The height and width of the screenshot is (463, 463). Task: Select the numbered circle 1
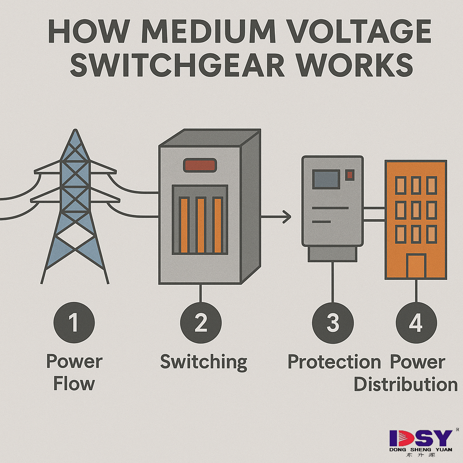pyautogui.click(x=74, y=323)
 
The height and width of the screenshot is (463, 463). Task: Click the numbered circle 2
pyautogui.click(x=200, y=323)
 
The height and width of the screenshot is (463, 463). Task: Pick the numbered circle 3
pyautogui.click(x=333, y=323)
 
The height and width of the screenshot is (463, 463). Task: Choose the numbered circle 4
pyautogui.click(x=416, y=323)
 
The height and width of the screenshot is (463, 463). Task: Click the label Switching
pyautogui.click(x=204, y=362)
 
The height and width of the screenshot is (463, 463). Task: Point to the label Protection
pyautogui.click(x=334, y=362)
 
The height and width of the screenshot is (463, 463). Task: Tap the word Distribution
pyautogui.click(x=406, y=385)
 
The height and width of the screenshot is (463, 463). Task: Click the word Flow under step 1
pyautogui.click(x=74, y=384)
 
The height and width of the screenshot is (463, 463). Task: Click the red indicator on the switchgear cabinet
pyautogui.click(x=200, y=165)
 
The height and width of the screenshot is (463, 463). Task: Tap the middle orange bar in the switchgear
pyautogui.click(x=200, y=225)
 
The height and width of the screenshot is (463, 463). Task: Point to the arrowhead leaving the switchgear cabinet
pyautogui.click(x=286, y=217)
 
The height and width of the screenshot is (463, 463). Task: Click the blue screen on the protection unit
pyautogui.click(x=326, y=179)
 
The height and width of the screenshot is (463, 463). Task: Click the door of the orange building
pyautogui.click(x=416, y=266)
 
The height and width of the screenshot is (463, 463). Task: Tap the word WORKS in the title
pyautogui.click(x=358, y=66)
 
